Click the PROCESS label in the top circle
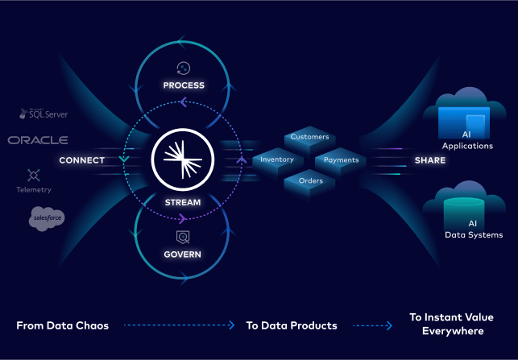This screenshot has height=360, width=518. [x=184, y=85]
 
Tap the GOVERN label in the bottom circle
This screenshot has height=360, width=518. [x=182, y=254]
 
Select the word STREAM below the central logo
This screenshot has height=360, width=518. [x=182, y=201]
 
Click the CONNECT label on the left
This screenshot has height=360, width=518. [x=81, y=160]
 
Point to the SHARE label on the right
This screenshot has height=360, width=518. [x=429, y=160]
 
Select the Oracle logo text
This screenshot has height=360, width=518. [x=38, y=140]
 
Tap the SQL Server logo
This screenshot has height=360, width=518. [x=45, y=114]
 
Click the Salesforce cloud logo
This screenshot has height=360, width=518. [x=47, y=217]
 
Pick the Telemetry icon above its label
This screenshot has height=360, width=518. [x=34, y=175]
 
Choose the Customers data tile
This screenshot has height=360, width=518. [x=309, y=138]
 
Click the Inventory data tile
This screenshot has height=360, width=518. [x=277, y=160]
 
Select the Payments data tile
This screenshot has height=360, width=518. [x=341, y=160]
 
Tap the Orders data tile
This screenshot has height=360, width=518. [x=310, y=181]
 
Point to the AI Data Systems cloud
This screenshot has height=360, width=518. [x=468, y=210]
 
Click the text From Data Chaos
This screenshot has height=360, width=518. [x=62, y=325]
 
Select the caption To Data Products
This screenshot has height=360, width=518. [x=292, y=325]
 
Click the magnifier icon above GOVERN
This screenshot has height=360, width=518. [x=183, y=237]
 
